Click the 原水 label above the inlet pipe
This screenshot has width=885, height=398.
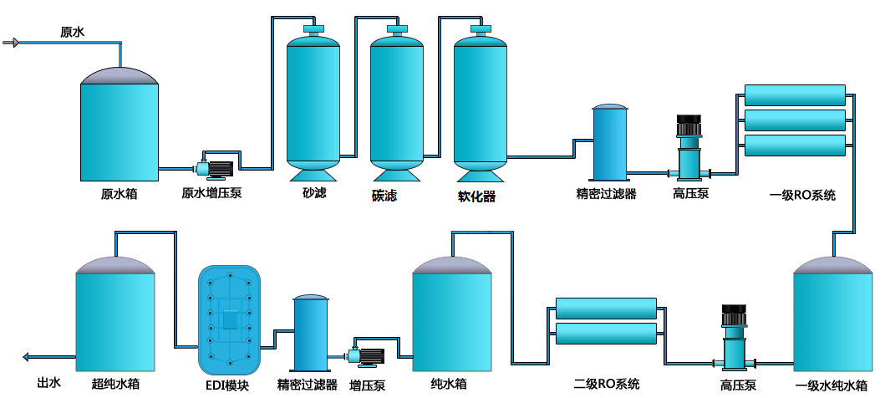[72, 32]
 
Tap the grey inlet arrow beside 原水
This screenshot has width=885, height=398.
[12, 43]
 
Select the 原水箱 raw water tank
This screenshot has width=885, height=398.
[120, 125]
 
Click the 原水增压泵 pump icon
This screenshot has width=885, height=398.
[215, 168]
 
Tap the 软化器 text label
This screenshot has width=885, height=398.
[476, 196]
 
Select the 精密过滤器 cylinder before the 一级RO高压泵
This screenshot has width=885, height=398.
[609, 142]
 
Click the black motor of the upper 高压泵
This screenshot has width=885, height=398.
[689, 125]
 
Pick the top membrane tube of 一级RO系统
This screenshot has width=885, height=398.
[795, 94]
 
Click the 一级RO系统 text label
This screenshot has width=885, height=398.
[802, 196]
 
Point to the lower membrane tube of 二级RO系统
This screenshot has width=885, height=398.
[606, 334]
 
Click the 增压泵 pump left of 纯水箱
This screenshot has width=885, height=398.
[366, 356]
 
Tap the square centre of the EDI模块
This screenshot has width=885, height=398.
[231, 320]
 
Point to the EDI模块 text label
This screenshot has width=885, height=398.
[227, 385]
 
